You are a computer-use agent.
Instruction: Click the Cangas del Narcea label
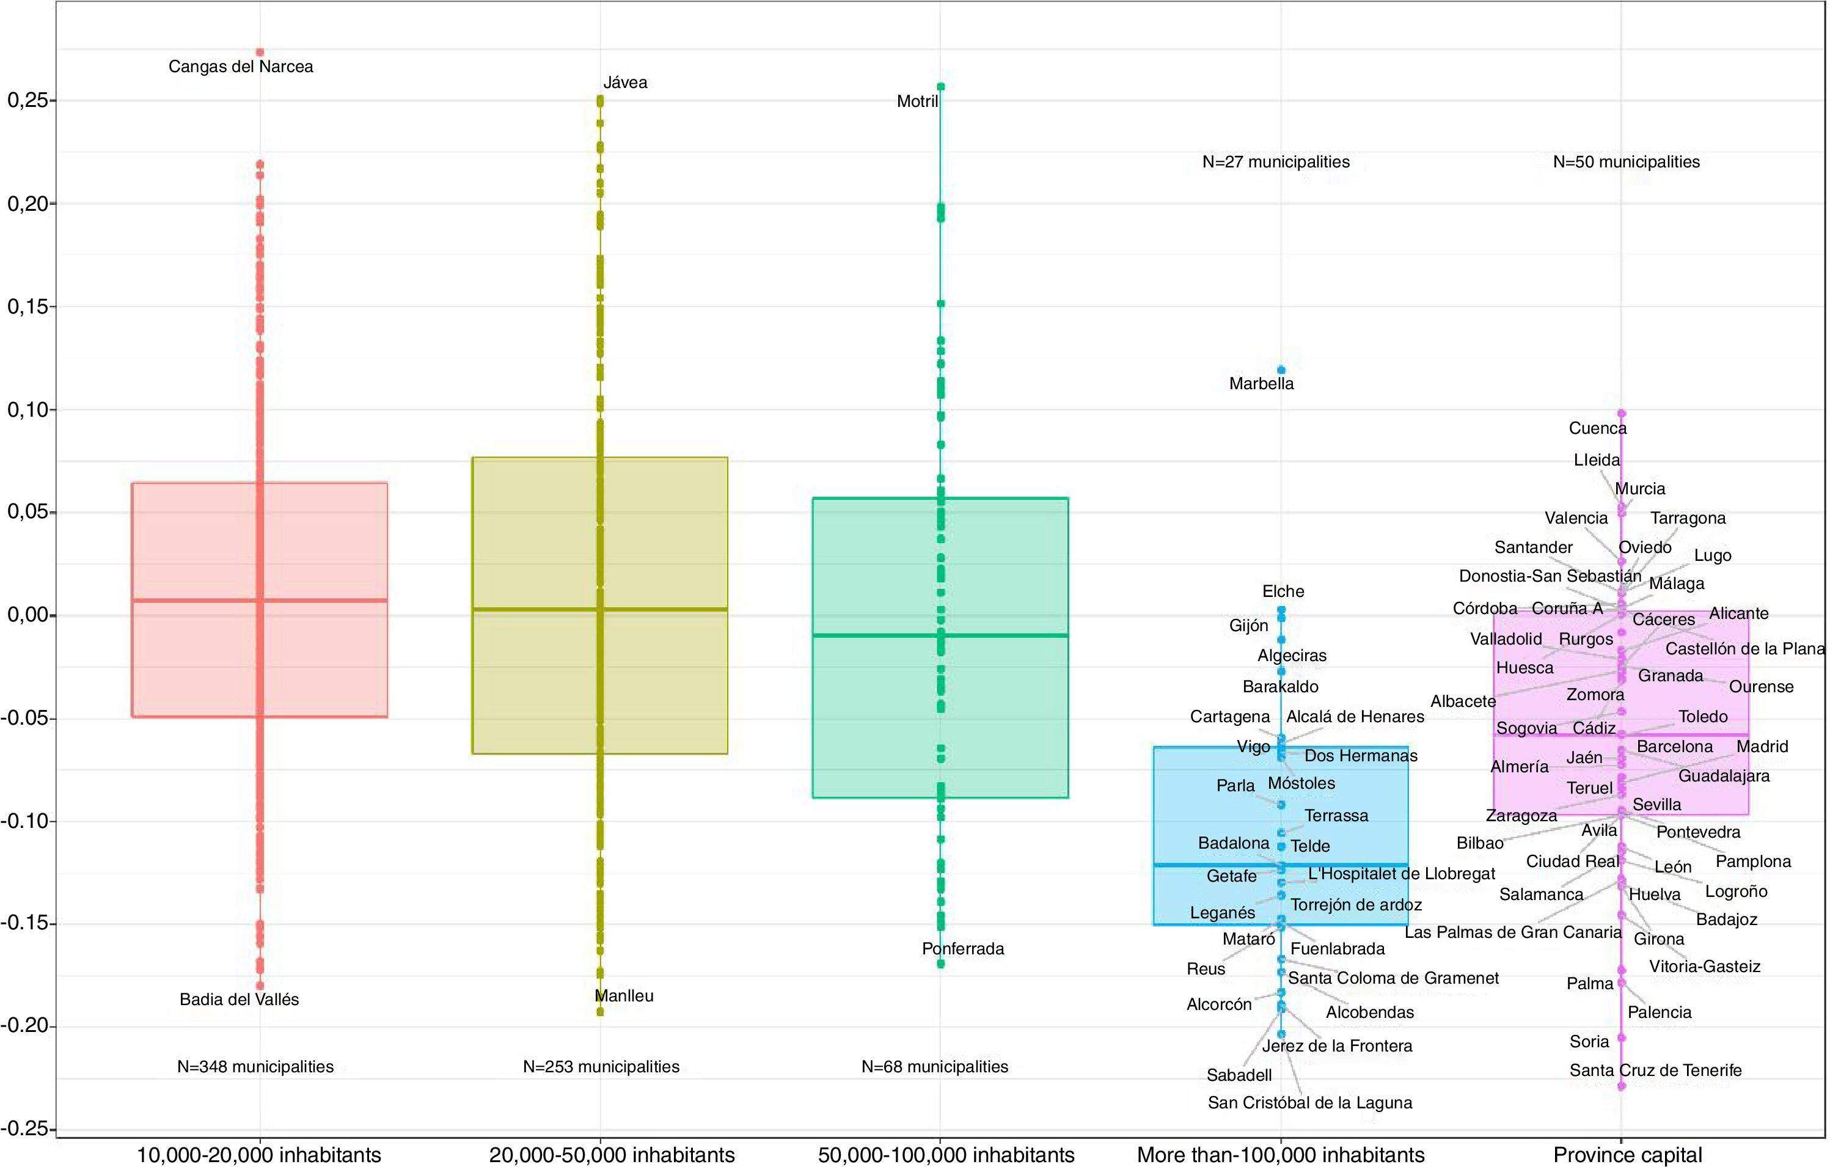(240, 67)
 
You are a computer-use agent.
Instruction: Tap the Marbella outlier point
(1281, 370)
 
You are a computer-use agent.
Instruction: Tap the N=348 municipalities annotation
(255, 1067)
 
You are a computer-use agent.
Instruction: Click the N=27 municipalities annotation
(1276, 162)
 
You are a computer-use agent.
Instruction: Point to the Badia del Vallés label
(240, 1000)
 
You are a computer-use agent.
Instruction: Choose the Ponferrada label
(963, 949)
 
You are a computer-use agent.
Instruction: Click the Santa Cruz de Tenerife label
(1655, 1070)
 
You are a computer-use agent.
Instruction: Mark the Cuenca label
(1597, 428)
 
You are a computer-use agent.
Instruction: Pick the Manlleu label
(624, 996)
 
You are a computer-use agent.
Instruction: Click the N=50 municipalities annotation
(1627, 162)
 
